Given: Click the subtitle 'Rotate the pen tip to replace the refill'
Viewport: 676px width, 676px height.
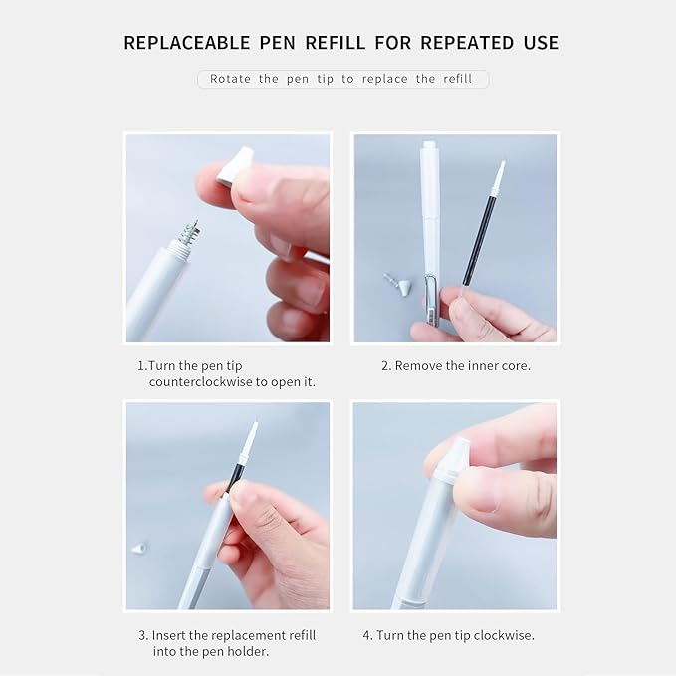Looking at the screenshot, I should point(342,79).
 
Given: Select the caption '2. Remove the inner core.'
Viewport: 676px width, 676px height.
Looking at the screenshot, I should point(456,365).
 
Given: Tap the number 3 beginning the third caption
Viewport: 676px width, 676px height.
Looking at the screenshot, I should point(141,634).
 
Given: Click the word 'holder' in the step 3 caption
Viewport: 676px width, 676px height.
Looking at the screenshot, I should point(246,652).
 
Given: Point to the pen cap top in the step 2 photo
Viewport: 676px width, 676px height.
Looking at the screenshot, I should point(429,148).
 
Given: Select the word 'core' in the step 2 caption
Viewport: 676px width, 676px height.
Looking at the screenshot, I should point(515,365).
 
